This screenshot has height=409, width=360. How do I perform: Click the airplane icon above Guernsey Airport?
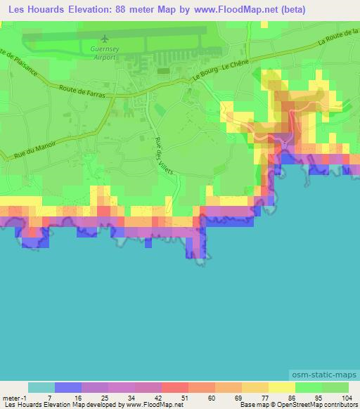point(105,38)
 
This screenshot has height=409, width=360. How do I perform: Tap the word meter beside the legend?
point(11,396)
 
